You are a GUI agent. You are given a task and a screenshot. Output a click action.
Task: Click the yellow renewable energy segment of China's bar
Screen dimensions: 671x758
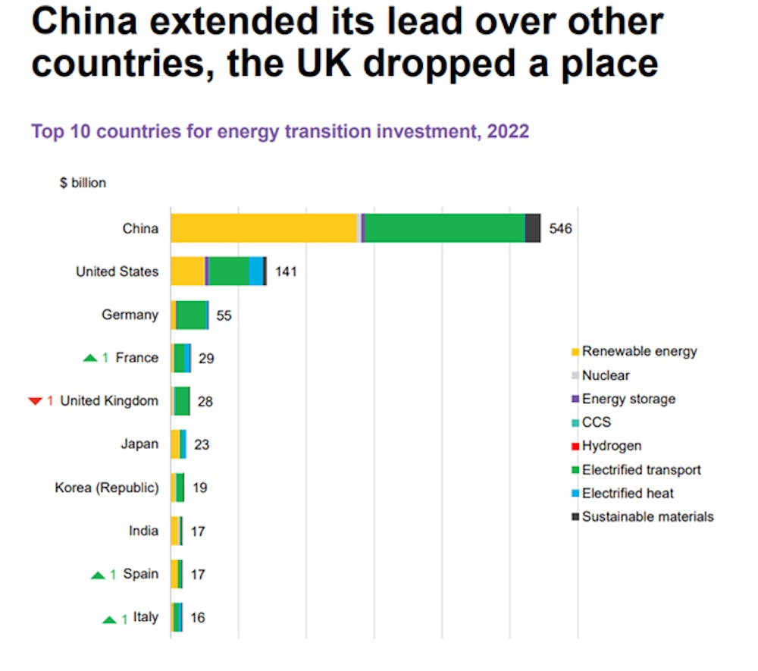263,228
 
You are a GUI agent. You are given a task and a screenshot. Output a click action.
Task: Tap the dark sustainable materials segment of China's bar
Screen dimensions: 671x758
533,228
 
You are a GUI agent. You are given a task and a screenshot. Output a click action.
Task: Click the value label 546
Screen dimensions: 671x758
560,229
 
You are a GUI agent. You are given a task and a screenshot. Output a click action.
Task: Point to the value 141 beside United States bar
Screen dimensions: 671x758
286,271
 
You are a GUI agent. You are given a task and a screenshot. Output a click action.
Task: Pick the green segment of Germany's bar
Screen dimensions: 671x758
192,315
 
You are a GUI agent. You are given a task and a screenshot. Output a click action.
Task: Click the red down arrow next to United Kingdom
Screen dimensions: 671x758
36,401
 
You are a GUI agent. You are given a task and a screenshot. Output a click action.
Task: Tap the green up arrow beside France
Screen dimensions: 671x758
90,358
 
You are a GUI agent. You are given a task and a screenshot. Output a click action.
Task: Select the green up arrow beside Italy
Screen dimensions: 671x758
110,619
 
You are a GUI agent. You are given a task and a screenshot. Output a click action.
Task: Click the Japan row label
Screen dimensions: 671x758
139,444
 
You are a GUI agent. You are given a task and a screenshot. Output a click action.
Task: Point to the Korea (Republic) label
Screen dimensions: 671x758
107,488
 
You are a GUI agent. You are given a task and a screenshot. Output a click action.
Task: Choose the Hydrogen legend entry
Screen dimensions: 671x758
612,446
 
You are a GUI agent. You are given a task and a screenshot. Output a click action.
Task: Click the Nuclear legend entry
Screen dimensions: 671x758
606,375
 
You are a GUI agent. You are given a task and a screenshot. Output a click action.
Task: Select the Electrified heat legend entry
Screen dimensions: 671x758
628,493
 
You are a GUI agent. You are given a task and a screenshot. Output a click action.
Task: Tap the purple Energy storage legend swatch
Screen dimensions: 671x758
576,399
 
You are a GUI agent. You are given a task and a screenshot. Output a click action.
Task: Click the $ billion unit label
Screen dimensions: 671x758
83,183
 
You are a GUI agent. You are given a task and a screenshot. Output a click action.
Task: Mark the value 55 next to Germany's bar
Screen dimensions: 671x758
224,315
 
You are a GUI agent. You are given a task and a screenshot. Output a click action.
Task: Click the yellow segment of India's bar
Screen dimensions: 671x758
175,531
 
